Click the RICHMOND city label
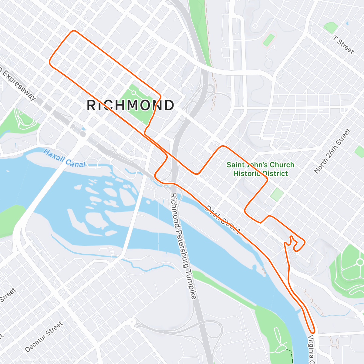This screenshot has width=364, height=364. (130, 105)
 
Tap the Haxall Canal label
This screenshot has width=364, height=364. (64, 158)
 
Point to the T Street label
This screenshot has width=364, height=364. (343, 45)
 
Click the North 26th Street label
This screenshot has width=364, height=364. (332, 151)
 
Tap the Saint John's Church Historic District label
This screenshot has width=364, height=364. (261, 169)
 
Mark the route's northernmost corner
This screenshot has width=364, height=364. (73, 31)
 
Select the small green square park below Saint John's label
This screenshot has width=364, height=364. (277, 194)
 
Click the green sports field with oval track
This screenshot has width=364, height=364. (269, 40)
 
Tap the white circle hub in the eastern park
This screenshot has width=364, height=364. (360, 262)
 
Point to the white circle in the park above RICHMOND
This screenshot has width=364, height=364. (133, 93)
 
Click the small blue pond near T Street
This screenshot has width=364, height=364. (347, 23)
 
